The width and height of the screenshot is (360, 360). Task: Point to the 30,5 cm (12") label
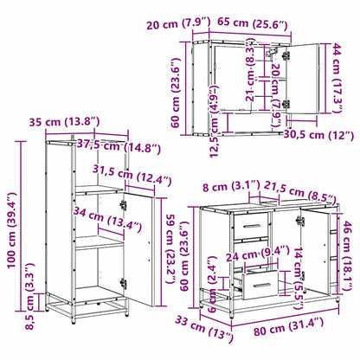[317, 135]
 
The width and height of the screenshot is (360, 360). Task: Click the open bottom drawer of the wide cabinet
[260, 281]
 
